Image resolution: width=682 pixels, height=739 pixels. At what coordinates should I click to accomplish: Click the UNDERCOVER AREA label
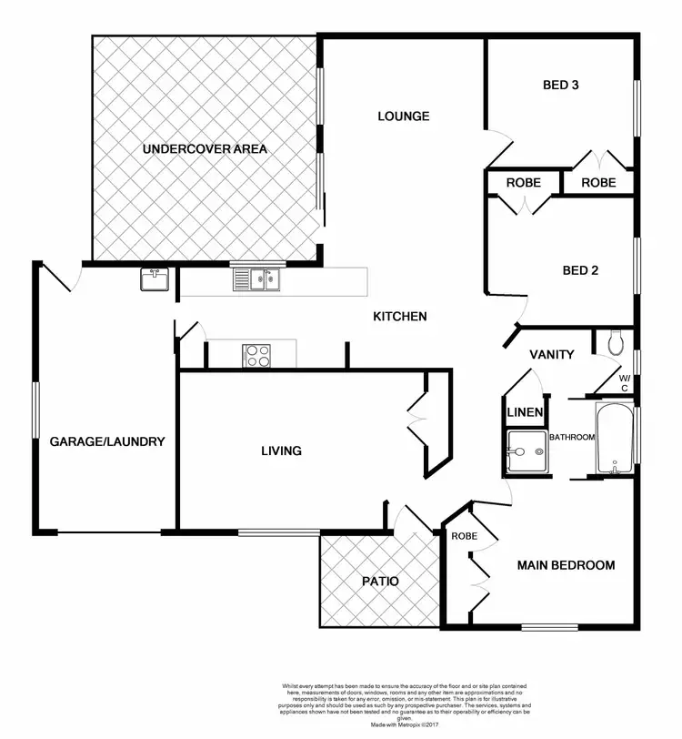point(204,147)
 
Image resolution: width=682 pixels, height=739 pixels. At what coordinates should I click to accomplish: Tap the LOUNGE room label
point(403,116)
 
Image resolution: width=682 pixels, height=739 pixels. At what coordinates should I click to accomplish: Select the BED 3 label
point(561,86)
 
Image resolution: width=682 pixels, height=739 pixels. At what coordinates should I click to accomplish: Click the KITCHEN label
point(400,317)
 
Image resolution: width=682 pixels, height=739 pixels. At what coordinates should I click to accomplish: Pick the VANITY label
point(552,354)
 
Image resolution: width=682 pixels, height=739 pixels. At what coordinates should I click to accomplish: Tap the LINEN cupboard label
point(525,412)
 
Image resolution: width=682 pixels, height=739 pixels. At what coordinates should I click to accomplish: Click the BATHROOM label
point(570,438)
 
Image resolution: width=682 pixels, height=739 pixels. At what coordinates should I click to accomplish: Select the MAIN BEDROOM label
point(566,565)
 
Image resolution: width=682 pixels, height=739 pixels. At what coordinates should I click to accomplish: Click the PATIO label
point(379,581)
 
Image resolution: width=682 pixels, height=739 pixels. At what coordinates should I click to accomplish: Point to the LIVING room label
point(281,450)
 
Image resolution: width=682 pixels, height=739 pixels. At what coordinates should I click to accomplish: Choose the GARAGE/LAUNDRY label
point(106,442)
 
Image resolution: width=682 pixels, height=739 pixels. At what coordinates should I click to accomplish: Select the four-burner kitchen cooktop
point(257,355)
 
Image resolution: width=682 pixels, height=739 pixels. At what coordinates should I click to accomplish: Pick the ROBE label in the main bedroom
point(465,536)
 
